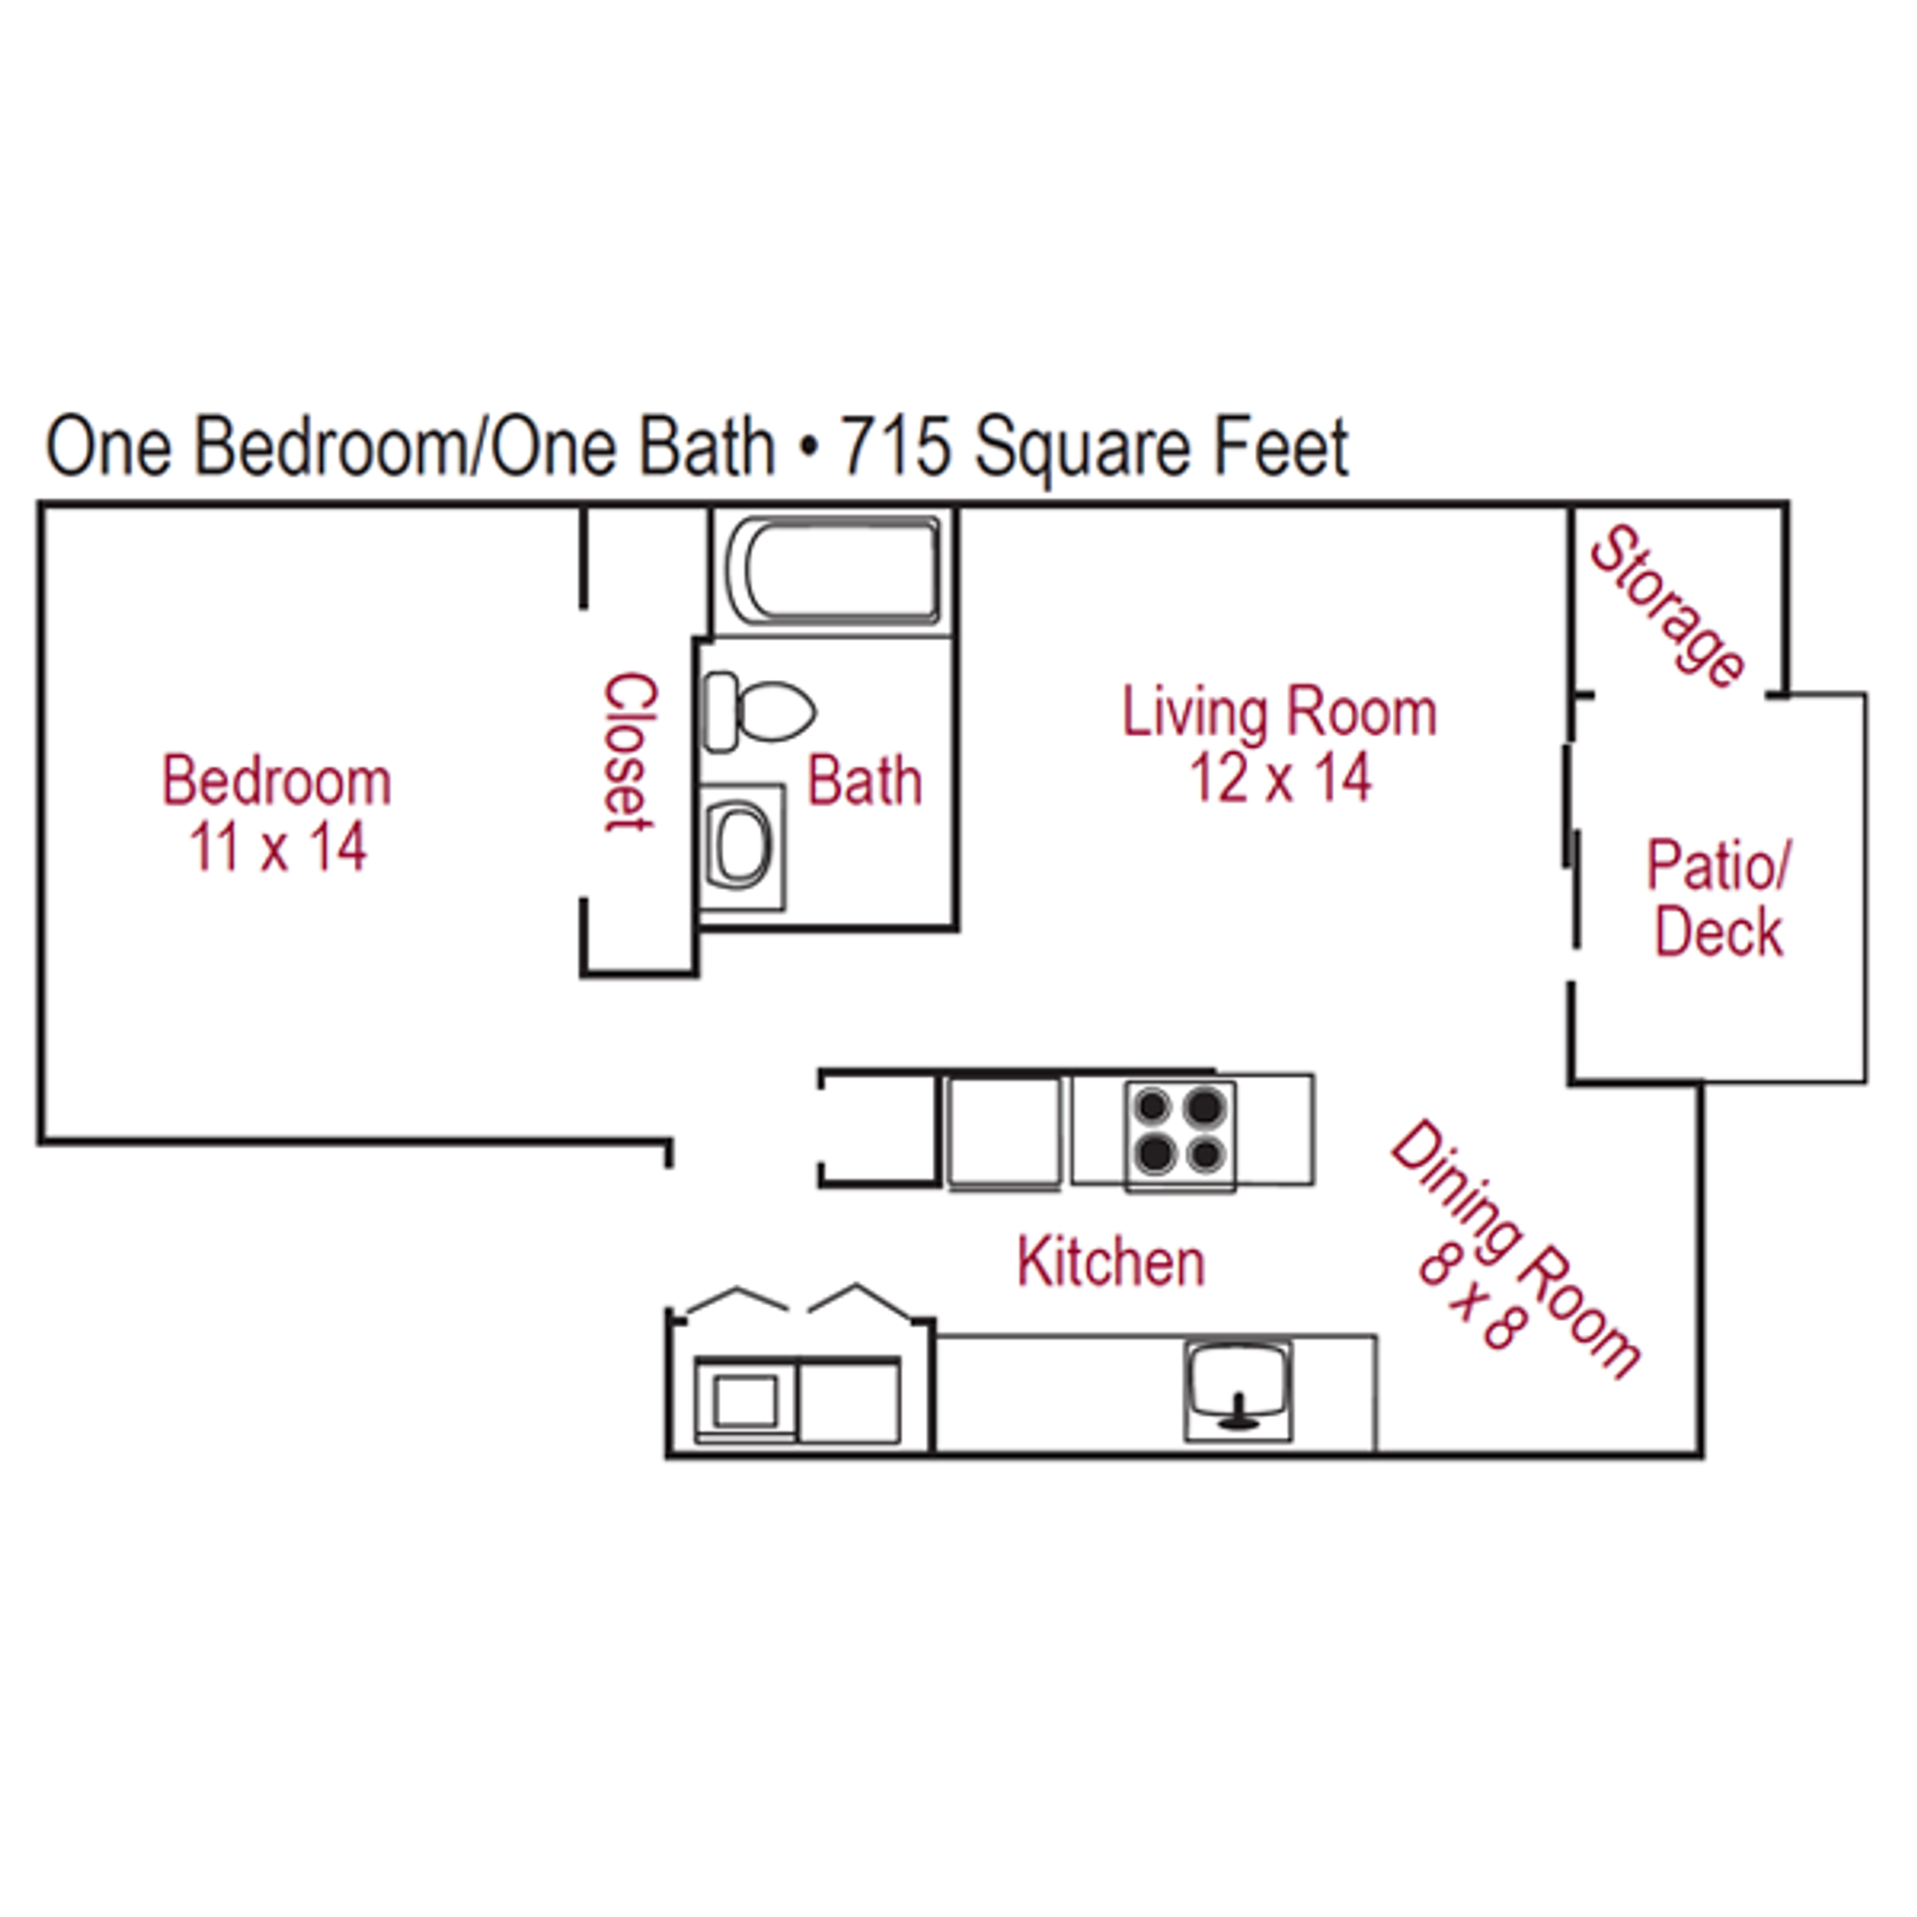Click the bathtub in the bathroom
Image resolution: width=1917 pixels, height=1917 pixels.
835,569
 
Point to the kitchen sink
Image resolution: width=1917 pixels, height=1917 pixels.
1238,1387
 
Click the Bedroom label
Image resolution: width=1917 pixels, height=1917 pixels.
277,781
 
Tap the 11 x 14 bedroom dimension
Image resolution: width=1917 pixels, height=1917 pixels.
279,848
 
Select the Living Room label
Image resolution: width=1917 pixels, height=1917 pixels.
1279,713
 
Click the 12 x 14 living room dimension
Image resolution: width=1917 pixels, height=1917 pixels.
1280,778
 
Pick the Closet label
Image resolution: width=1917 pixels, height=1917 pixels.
630,752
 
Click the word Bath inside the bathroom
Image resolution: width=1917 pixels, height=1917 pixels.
864,781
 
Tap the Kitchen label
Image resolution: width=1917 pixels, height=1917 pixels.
1110,1262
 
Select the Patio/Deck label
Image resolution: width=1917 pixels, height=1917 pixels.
1718,898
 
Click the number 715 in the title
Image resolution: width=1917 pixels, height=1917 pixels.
895,447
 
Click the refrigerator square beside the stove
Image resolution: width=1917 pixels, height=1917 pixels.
1003,1131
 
